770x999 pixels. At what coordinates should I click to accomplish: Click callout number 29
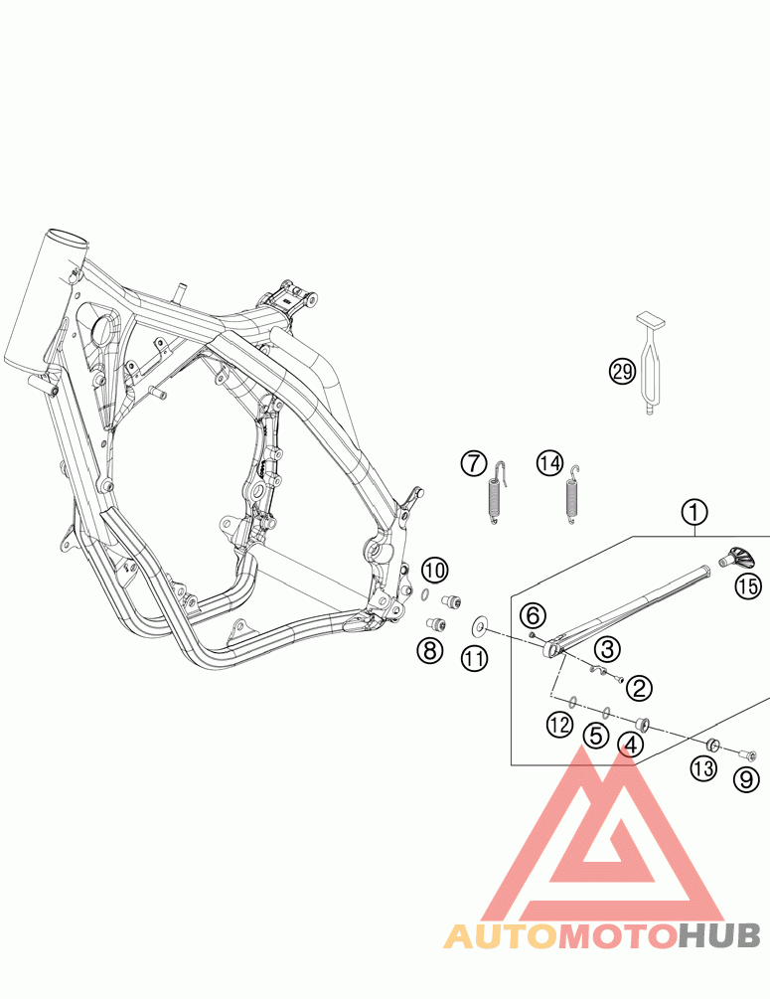(x=622, y=372)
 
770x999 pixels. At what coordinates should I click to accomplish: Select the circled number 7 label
(x=474, y=463)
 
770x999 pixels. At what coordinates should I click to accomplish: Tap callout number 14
(x=549, y=463)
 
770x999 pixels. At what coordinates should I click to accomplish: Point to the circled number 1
(x=694, y=512)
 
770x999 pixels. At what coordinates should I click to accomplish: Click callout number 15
(x=747, y=586)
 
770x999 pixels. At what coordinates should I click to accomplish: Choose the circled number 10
(x=434, y=571)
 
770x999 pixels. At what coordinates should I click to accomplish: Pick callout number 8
(x=429, y=651)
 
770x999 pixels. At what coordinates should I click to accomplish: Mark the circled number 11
(x=474, y=657)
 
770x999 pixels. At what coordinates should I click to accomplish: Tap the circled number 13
(x=703, y=767)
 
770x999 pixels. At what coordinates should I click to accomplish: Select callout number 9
(x=746, y=780)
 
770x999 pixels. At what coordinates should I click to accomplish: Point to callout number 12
(x=559, y=726)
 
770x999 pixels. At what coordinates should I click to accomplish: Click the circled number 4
(x=628, y=742)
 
